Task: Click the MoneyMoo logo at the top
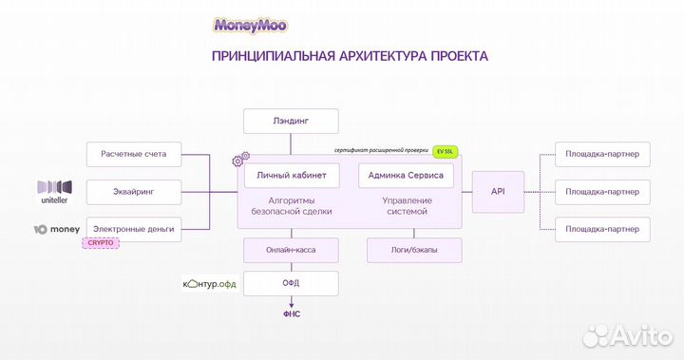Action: click(x=252, y=26)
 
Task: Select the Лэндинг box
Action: click(x=291, y=122)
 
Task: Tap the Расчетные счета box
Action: click(x=134, y=153)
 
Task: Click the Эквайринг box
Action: click(x=134, y=191)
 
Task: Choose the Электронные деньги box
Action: click(x=134, y=229)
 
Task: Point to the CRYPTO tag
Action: click(x=100, y=243)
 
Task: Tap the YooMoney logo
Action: click(x=57, y=229)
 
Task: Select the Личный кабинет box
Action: click(x=292, y=176)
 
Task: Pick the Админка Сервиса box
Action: click(x=406, y=176)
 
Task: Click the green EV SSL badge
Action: click(x=445, y=151)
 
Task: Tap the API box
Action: click(x=498, y=191)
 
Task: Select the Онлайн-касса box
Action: click(x=291, y=250)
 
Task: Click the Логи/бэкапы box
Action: click(x=414, y=250)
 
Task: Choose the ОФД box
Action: click(x=291, y=283)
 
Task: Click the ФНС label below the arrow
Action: click(x=291, y=312)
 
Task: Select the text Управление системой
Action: click(x=406, y=206)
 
